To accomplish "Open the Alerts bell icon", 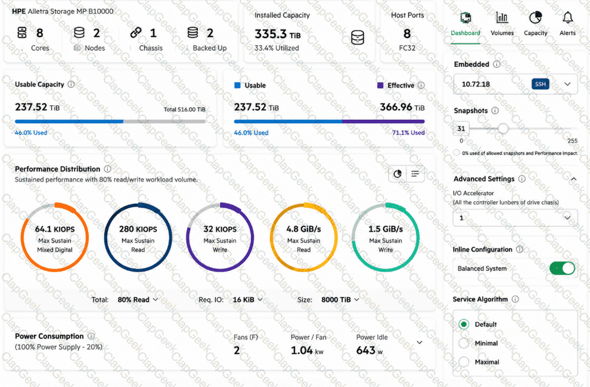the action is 567,17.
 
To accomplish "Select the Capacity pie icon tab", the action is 535,17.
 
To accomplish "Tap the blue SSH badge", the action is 541,84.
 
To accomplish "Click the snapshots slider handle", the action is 503,129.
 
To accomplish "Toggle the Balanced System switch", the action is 562,268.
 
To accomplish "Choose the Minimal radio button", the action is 464,343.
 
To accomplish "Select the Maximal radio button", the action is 464,362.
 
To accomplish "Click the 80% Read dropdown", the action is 138,299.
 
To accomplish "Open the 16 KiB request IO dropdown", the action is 247,299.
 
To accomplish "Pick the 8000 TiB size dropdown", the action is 340,299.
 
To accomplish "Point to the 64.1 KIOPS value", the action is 55,229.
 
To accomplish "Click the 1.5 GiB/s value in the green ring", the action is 386,229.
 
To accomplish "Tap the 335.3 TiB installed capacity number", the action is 278,34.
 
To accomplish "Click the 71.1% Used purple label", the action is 408,133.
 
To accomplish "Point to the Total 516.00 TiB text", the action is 184,110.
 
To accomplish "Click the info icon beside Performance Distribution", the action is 108,169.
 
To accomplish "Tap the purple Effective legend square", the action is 380,85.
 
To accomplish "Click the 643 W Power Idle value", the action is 369,351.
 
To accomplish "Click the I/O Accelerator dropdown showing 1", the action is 515,218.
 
